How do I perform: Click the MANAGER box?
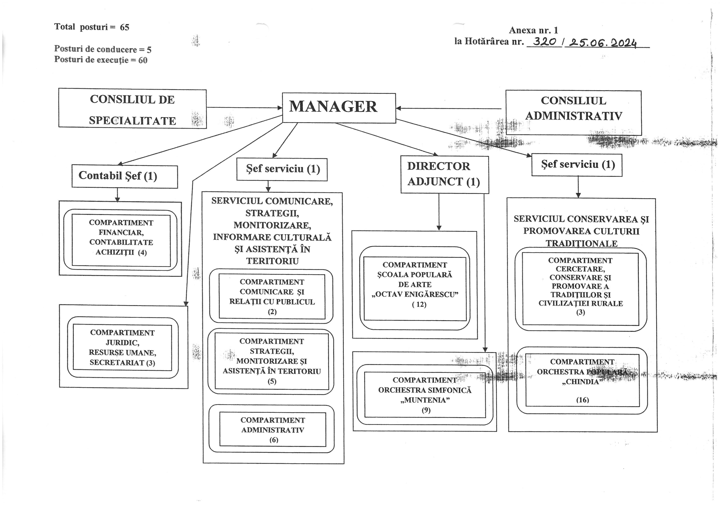339,108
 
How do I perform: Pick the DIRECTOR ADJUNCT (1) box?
444,174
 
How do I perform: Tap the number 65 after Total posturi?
125,27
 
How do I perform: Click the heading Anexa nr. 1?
533,30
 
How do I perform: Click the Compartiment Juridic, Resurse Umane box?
122,348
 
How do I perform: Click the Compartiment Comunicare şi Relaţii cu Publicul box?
272,297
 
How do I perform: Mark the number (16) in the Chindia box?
582,400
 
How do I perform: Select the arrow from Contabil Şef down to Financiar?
117,195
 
